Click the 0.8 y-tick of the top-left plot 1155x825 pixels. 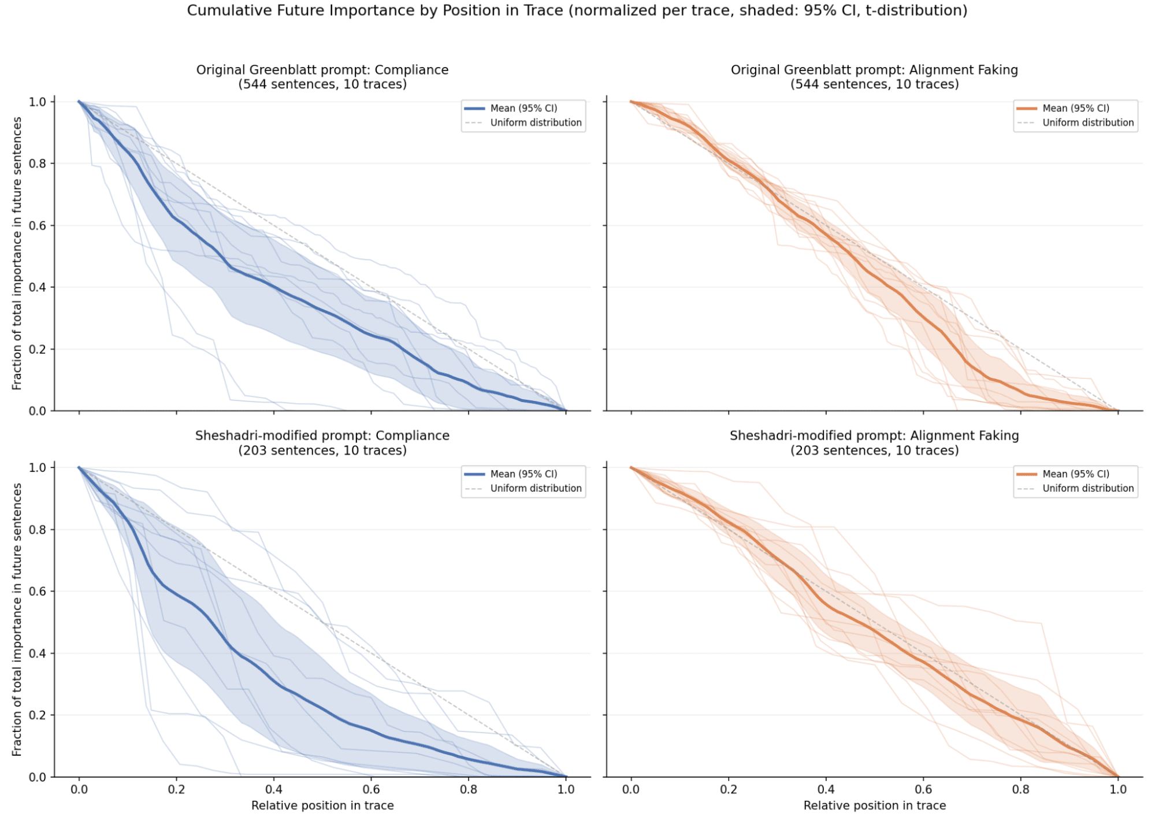tap(38, 163)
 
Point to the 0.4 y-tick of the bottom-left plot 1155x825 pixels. tap(38, 653)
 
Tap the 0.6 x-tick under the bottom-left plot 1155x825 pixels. tap(371, 789)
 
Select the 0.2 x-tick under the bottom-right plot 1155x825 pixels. tap(729, 789)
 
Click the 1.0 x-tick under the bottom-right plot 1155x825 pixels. tap(1118, 789)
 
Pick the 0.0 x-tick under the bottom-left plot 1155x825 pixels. tap(79, 789)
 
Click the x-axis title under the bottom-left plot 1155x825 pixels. tap(322, 805)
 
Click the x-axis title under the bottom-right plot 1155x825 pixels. tap(874, 805)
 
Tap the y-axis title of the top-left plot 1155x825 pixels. tap(17, 253)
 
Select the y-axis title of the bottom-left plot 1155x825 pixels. tap(17, 619)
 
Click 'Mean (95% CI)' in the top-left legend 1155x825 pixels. tap(523, 108)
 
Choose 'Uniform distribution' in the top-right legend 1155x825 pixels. tap(1088, 122)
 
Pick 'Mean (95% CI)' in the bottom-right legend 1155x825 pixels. tap(1076, 474)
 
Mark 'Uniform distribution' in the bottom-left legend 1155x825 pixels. tap(536, 488)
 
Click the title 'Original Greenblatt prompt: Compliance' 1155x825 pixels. tap(322, 70)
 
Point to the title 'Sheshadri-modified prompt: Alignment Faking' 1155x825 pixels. tap(874, 436)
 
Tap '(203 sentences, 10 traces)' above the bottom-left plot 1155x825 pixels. tap(322, 451)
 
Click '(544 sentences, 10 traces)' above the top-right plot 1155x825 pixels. tap(874, 84)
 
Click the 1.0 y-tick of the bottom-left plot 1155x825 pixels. tap(38, 467)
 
